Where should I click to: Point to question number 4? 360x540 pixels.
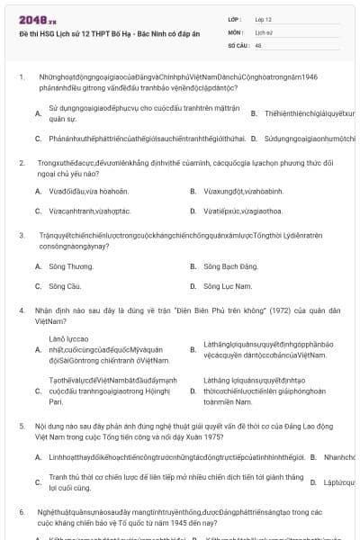(x=21, y=310)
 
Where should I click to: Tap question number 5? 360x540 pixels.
(x=21, y=423)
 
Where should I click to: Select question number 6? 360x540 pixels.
(x=21, y=511)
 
